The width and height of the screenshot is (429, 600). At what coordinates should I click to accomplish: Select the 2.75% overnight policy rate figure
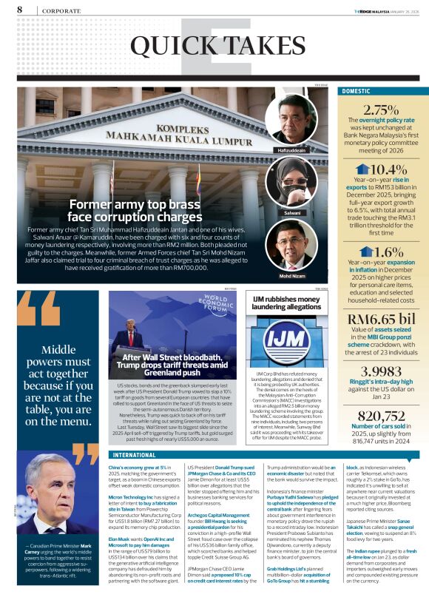pyautogui.click(x=382, y=109)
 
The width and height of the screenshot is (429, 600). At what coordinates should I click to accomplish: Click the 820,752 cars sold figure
pyautogui.click(x=382, y=416)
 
